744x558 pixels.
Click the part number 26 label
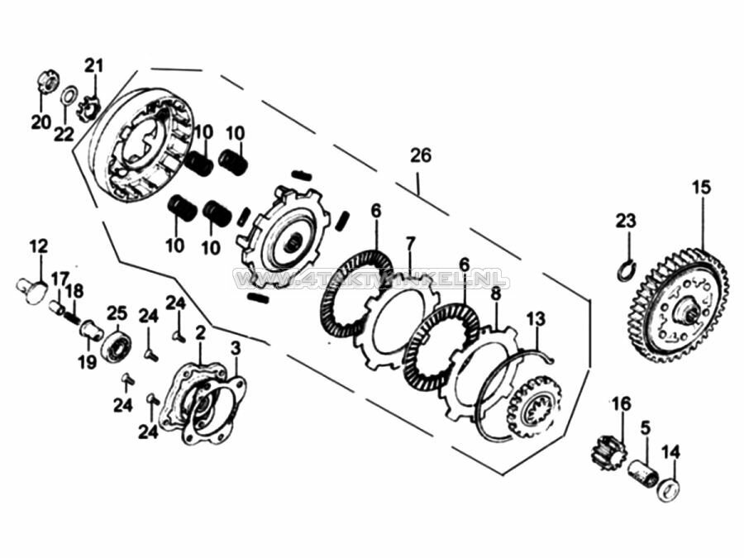click(420, 155)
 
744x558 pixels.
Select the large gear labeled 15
click(676, 308)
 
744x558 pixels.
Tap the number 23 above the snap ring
click(626, 221)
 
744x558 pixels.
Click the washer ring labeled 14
click(669, 489)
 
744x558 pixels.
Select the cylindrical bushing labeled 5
click(643, 474)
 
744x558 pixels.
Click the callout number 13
click(536, 318)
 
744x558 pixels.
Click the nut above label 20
click(46, 83)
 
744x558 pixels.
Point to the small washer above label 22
click(69, 93)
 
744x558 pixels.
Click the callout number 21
click(93, 65)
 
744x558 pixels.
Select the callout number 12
click(39, 246)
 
